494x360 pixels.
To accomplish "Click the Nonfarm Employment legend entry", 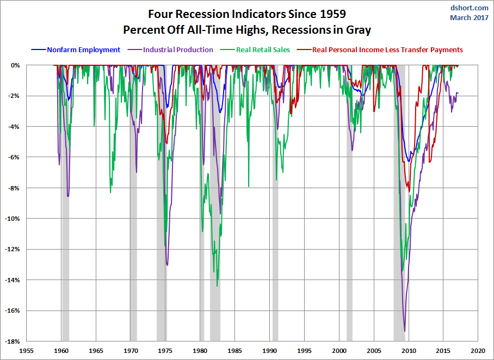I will point(83,50).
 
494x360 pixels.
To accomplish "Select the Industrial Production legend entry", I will point(178,50).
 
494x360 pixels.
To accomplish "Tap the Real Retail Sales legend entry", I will point(263,50).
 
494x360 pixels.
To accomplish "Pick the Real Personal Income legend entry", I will point(387,50).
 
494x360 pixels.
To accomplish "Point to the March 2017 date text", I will point(469,17).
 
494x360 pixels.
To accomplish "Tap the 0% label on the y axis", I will point(16,65).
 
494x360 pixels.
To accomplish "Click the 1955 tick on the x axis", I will point(26,351).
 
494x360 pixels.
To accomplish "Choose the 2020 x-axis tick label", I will point(478,351).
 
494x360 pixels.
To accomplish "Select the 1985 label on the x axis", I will point(235,351).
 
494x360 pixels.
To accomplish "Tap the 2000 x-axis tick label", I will point(339,351).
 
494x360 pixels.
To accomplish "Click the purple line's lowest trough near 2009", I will point(404,330).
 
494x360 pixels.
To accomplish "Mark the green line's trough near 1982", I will point(217,285).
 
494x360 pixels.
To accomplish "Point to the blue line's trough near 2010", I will point(409,162).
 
